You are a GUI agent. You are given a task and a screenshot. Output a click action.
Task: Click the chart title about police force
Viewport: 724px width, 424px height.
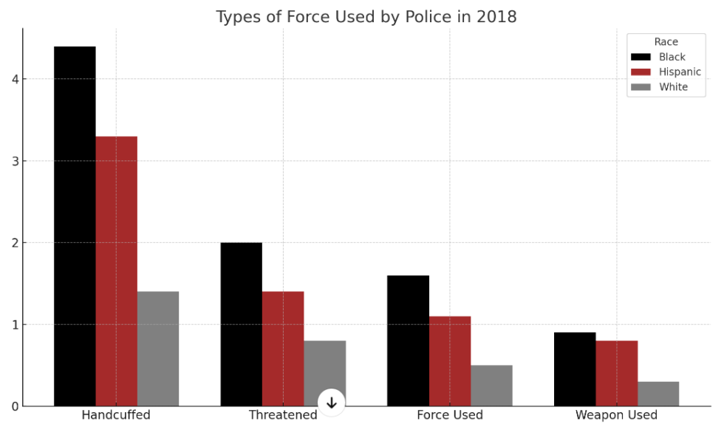pyautogui.click(x=366, y=16)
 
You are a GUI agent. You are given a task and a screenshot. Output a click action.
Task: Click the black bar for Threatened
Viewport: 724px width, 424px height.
pyautogui.click(x=241, y=324)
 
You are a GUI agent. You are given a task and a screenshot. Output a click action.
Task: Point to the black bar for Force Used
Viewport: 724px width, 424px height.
pyautogui.click(x=408, y=341)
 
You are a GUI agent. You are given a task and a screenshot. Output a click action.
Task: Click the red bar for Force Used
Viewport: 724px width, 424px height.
pyautogui.click(x=449, y=361)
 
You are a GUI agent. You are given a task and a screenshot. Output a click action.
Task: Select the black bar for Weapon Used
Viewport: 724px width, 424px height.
pyautogui.click(x=575, y=369)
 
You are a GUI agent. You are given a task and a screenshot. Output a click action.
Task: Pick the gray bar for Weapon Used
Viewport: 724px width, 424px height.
pyautogui.click(x=658, y=394)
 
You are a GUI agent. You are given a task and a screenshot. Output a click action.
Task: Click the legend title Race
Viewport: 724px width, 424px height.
pyautogui.click(x=666, y=42)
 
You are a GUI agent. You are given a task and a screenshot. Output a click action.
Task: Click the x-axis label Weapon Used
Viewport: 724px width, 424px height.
pyautogui.click(x=616, y=415)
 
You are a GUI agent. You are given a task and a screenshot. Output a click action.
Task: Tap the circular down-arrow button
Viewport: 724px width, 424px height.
pyautogui.click(x=332, y=403)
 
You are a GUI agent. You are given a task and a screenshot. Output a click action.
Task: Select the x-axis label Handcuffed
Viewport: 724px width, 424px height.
pyautogui.click(x=116, y=415)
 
